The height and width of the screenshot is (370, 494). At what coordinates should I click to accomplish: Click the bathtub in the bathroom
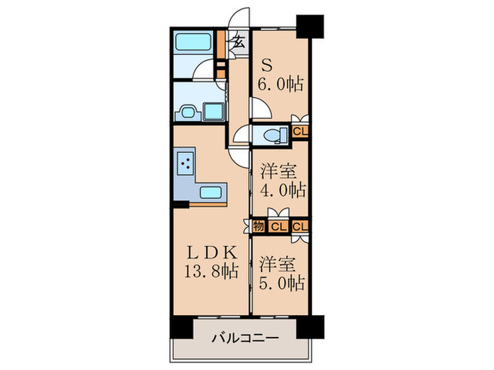(195, 43)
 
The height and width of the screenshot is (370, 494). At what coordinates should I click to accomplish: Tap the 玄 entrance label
(239, 40)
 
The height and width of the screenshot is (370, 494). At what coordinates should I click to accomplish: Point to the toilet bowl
(272, 134)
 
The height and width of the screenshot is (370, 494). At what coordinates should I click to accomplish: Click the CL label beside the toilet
(300, 130)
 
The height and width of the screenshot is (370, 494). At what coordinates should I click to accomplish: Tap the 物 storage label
(258, 226)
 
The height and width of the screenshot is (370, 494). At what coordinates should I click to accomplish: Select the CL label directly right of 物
(279, 226)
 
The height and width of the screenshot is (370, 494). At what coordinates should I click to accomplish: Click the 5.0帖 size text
(282, 283)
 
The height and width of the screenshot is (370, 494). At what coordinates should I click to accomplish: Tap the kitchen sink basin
(212, 192)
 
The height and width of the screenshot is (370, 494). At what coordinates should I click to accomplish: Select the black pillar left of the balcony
(179, 308)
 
